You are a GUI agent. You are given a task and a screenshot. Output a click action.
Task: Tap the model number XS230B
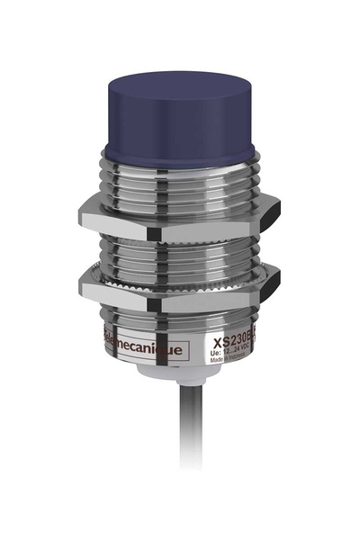(x=229, y=343)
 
